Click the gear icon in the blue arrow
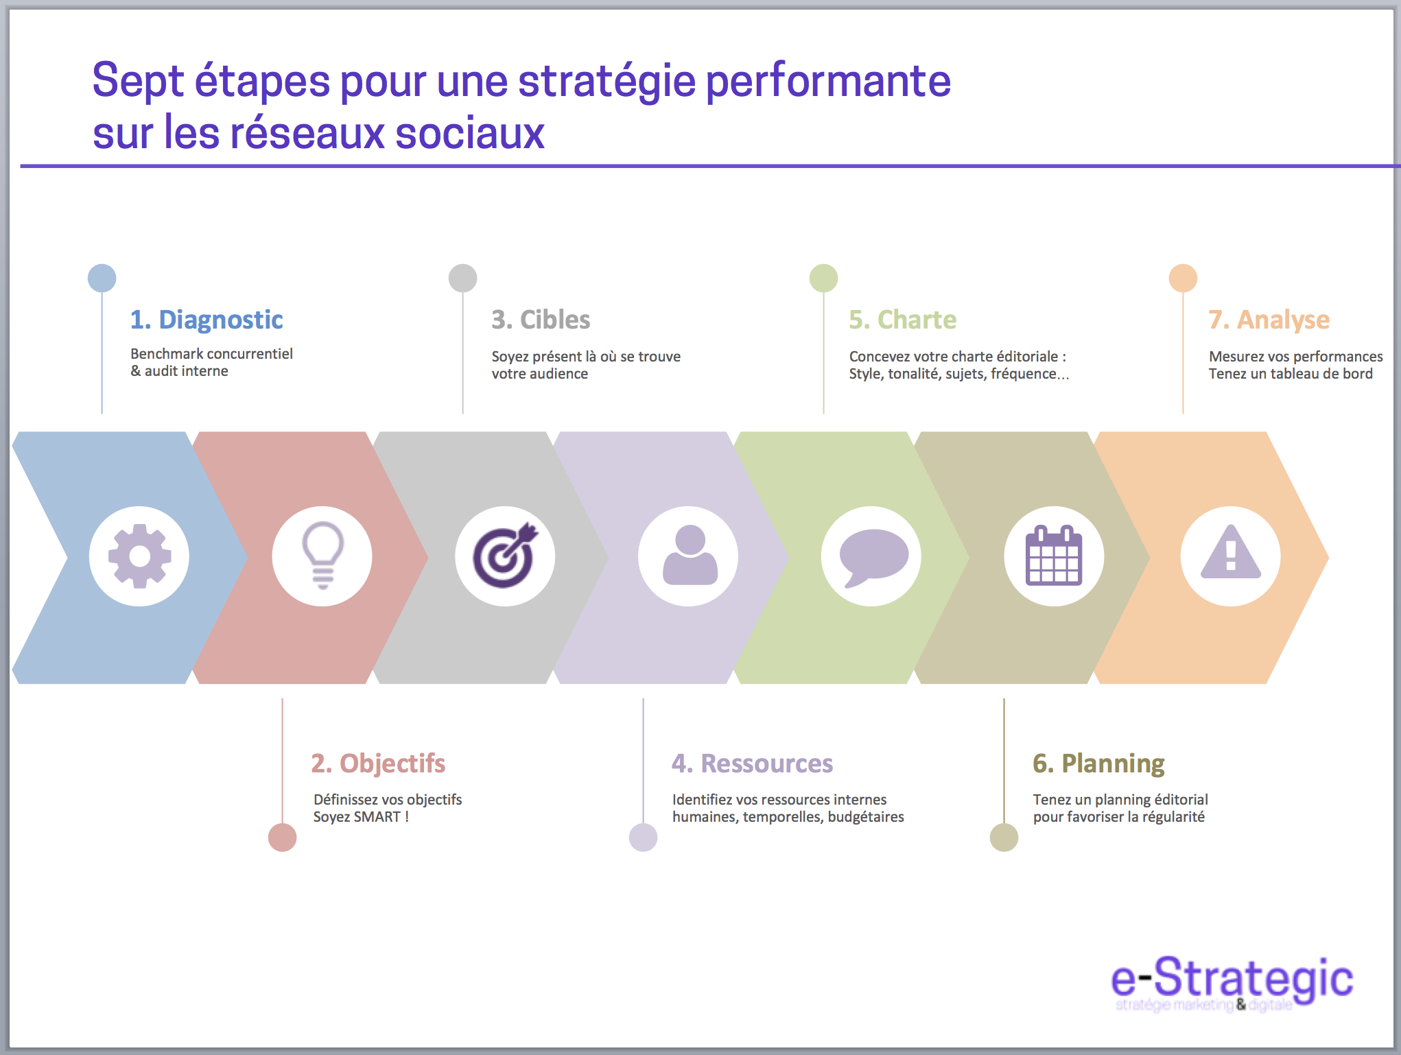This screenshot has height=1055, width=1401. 139,556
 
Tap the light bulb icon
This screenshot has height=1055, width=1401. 322,555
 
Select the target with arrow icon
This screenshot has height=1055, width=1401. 505,556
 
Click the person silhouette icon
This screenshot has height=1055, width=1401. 689,556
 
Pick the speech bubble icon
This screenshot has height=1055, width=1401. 873,556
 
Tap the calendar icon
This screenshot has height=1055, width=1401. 1054,556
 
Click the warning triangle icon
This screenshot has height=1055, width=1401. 1230,555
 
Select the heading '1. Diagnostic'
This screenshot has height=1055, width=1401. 207,320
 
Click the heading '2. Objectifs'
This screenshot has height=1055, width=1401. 378,763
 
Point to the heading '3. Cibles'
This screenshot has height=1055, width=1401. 541,320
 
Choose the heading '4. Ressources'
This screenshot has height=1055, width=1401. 752,763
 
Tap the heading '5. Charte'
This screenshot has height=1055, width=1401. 902,320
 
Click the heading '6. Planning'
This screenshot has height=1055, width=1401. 1098,763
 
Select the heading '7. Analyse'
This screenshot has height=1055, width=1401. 1269,320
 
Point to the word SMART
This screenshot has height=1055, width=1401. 377,817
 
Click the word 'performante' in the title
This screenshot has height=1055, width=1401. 828,82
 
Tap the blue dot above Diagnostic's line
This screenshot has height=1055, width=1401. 102,278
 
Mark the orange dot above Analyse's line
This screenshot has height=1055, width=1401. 1183,278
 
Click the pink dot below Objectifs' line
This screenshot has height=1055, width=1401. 282,838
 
